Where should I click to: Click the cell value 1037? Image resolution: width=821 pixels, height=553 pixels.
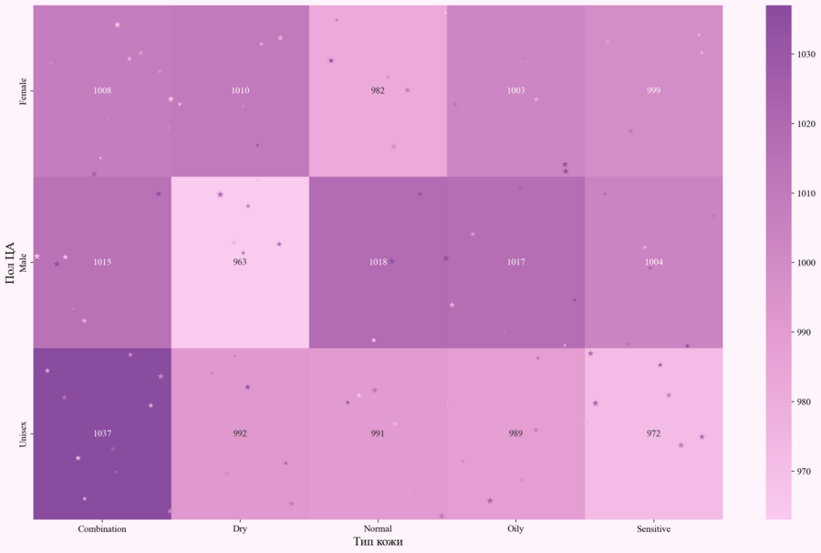[x=102, y=433]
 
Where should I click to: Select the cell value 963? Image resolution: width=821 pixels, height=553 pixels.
[x=240, y=262]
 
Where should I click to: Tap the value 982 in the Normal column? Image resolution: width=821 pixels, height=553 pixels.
[x=378, y=90]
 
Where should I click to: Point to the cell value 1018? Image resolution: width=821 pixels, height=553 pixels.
[x=378, y=262]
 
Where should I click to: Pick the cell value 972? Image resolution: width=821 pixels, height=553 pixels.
[x=653, y=433]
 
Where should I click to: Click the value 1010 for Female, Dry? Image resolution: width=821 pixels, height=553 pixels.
[x=240, y=90]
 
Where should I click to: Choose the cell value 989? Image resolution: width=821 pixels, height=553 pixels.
[x=515, y=433]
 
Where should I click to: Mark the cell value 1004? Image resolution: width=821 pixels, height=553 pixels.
[x=653, y=262]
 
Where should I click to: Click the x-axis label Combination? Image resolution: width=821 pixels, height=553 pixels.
[x=102, y=529]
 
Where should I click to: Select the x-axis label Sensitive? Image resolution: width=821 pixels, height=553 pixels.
[x=653, y=529]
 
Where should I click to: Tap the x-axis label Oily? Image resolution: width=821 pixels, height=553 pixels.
[x=515, y=529]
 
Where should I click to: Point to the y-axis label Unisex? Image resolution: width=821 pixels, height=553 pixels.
[x=24, y=433]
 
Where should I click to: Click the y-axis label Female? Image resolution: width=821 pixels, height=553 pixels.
[x=24, y=90]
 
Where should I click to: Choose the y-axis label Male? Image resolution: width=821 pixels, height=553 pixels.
[x=24, y=262]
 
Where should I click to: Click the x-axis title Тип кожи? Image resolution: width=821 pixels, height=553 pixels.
[x=378, y=542]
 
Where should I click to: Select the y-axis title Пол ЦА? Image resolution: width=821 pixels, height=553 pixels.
[x=10, y=262]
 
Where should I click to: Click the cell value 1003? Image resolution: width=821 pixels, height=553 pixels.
[x=515, y=90]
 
